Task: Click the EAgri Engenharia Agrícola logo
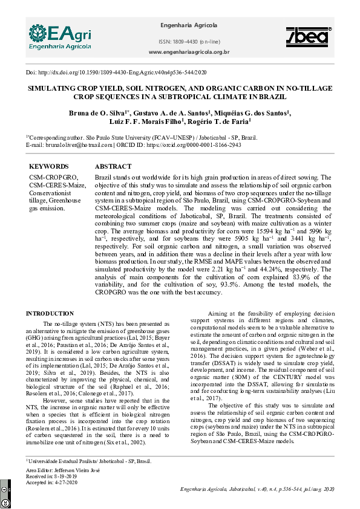[59, 36]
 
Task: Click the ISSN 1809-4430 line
[188, 41]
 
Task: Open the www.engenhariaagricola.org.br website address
[188, 52]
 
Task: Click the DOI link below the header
[116, 72]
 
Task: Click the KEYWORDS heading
[49, 166]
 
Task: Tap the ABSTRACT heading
[113, 166]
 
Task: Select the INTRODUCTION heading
[50, 314]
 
